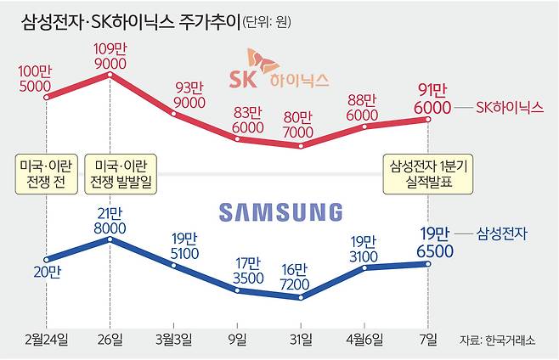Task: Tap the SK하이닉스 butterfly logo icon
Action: click(263, 62)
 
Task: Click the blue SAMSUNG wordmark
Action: click(279, 211)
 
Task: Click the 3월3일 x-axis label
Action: click(173, 339)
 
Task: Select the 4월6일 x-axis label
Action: click(364, 339)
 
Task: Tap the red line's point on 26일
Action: click(110, 76)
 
